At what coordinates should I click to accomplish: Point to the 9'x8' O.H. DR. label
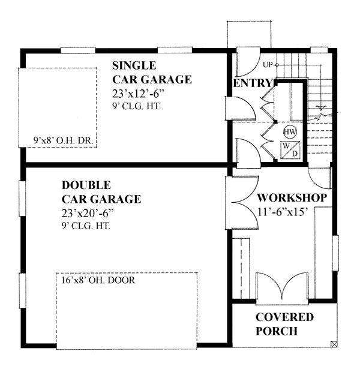[x=66, y=142]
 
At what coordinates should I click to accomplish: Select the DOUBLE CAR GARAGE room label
[x=101, y=191]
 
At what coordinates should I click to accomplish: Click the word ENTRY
[x=252, y=83]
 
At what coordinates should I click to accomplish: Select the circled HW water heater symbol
[x=289, y=131]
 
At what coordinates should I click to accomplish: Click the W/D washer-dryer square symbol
[x=290, y=149]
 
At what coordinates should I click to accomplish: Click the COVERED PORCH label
[x=284, y=323]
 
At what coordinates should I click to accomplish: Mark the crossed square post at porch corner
[x=334, y=344]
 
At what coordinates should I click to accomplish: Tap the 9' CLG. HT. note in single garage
[x=137, y=107]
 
